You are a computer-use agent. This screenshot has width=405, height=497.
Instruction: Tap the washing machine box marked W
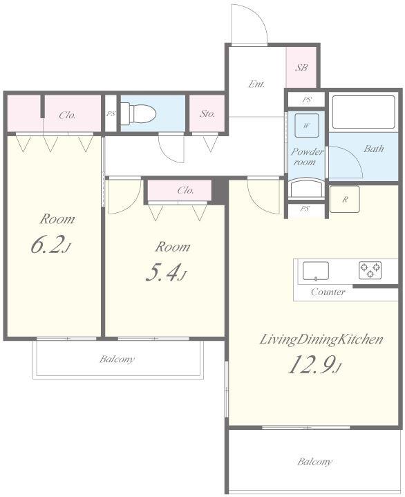[306, 125]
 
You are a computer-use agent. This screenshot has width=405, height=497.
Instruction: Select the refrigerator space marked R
[344, 199]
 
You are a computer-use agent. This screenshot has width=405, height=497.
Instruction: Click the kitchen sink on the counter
[315, 271]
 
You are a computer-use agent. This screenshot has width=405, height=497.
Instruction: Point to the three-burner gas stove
[370, 270]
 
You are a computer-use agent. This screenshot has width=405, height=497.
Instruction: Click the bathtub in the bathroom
[363, 112]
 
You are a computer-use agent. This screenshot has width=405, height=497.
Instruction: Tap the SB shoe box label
[301, 68]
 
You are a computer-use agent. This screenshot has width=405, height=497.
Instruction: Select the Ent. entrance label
[256, 84]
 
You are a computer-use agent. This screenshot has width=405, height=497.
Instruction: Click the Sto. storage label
[207, 113]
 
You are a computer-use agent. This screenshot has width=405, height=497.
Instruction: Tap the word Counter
[328, 292]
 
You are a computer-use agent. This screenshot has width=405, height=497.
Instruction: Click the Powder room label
[307, 157]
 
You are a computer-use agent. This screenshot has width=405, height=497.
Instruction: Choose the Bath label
[374, 149]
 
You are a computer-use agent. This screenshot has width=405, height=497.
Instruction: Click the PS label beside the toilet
[111, 113]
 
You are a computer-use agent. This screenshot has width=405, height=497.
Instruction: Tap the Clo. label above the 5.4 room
[185, 190]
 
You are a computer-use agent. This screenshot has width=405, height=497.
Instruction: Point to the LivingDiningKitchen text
[321, 339]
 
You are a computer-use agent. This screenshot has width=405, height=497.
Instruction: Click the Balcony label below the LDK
[314, 462]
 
